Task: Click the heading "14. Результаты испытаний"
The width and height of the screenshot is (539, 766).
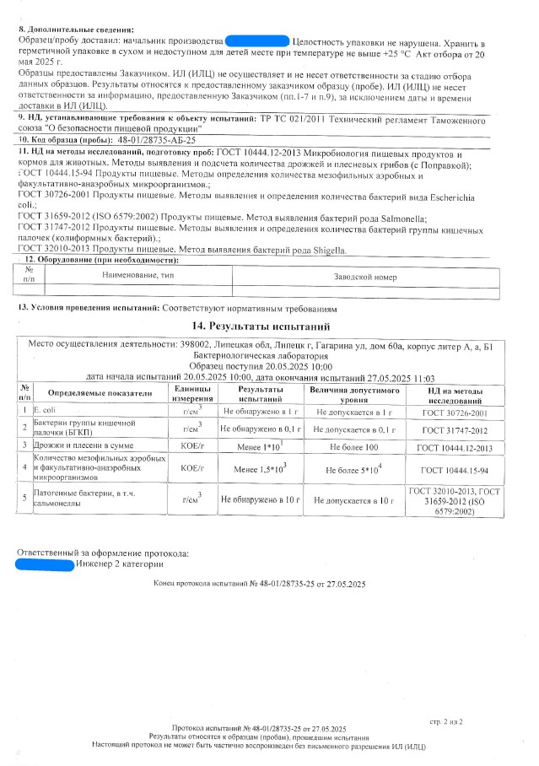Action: coord(269,326)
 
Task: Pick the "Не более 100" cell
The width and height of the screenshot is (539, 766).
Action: coord(355,445)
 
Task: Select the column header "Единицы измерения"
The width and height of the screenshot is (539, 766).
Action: coord(193,392)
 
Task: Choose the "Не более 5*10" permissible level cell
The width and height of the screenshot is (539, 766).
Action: coord(355,468)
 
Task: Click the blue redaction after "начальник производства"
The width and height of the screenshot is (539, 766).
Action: coord(257,40)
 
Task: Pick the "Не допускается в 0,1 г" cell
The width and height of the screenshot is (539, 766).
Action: coord(355,429)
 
